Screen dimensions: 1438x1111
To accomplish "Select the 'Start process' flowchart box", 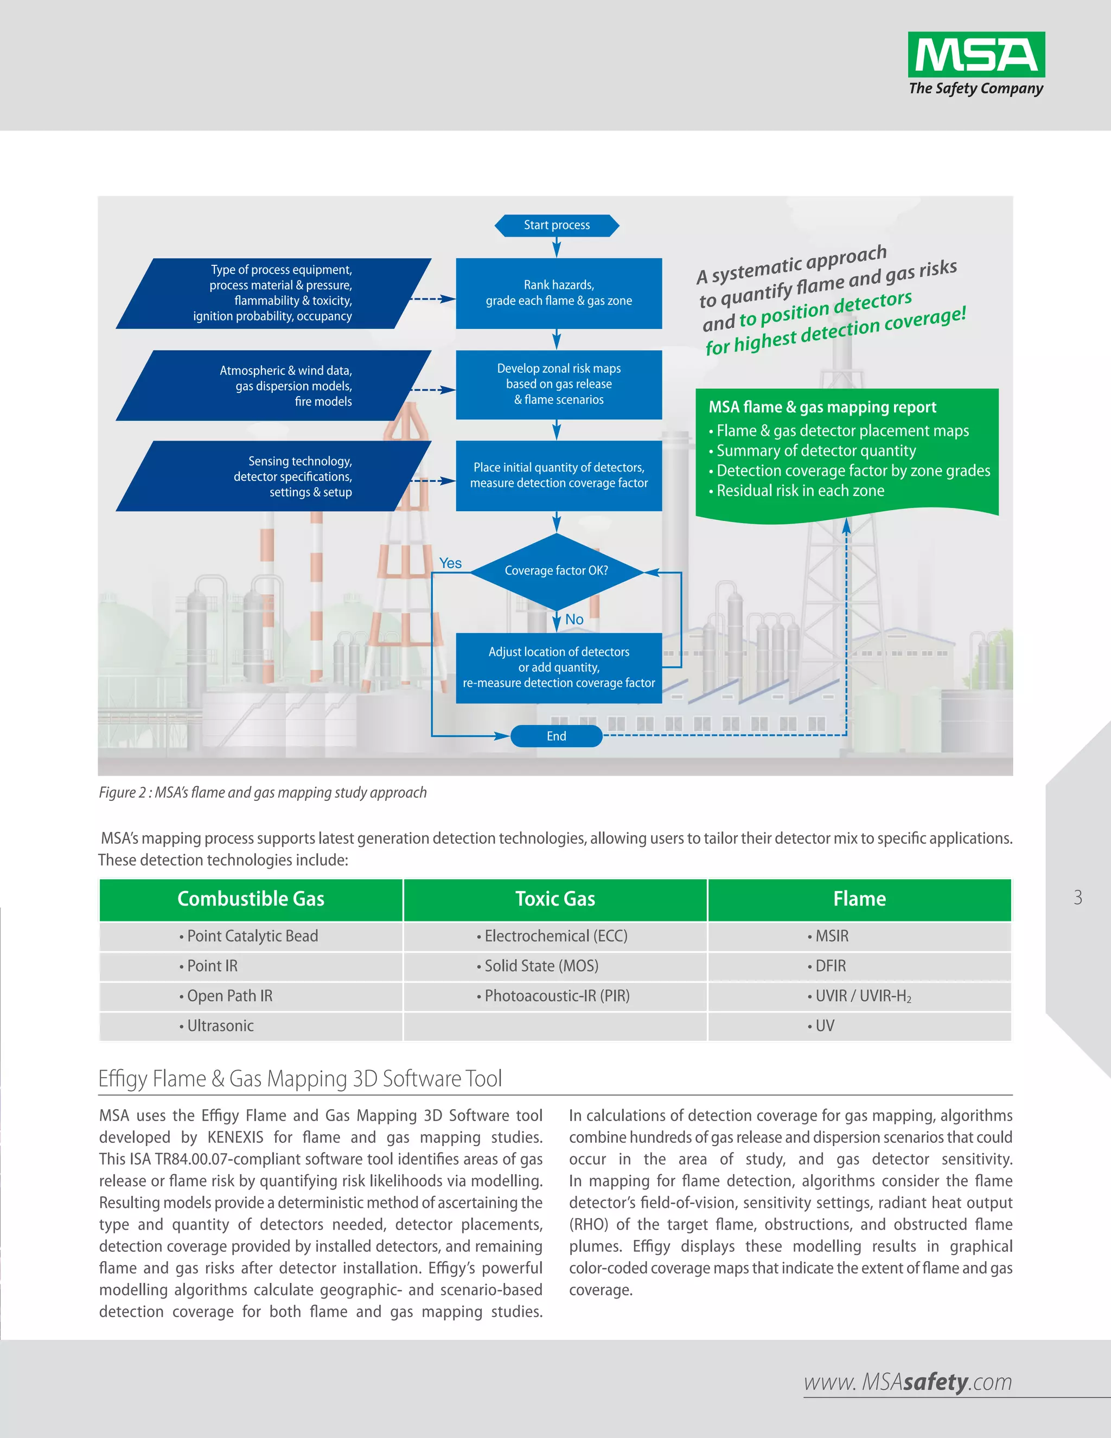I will tap(557, 225).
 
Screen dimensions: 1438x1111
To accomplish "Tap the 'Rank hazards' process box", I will tap(559, 293).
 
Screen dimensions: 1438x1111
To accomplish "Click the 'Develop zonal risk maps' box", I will tap(559, 385).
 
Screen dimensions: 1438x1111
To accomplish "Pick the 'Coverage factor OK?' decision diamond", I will tap(557, 571).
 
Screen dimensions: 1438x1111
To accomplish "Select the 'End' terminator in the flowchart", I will tap(556, 736).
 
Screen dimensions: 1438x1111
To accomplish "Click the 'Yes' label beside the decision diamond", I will tap(450, 563).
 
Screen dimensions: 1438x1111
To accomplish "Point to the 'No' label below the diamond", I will tap(574, 620).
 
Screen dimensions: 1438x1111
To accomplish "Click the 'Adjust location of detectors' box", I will tap(559, 667).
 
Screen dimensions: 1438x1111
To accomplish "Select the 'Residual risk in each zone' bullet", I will tap(800, 491).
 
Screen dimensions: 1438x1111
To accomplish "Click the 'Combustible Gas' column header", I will tap(251, 899).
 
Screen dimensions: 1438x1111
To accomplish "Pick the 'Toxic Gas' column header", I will tap(555, 899).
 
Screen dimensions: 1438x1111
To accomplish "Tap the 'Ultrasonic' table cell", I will tap(220, 1026).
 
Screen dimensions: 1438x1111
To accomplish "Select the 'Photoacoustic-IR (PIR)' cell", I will tap(556, 996).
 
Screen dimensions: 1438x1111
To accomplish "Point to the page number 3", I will tap(1077, 898).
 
